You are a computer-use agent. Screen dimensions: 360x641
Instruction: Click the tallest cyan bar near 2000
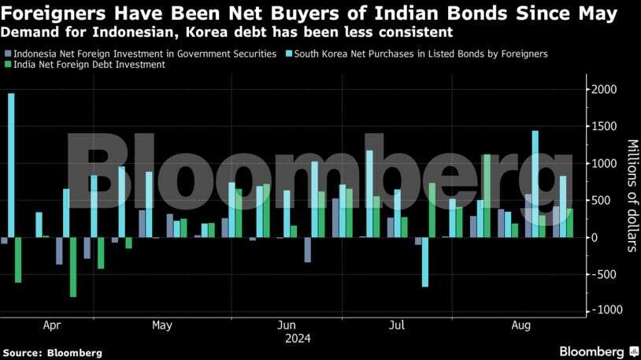click(x=11, y=165)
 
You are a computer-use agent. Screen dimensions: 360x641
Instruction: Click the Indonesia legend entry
click(x=144, y=54)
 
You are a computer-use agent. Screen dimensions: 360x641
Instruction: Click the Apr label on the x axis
click(x=52, y=325)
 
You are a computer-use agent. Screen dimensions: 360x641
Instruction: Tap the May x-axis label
click(x=161, y=325)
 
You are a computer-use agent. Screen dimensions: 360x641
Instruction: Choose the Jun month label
click(x=287, y=325)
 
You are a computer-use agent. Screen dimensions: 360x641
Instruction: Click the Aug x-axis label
click(x=521, y=325)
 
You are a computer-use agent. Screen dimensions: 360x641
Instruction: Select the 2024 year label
click(x=298, y=339)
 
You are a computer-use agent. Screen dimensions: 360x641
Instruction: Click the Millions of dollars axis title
click(x=631, y=195)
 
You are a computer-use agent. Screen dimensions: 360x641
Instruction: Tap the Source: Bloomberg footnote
click(x=52, y=352)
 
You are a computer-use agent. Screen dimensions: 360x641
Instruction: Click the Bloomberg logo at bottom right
click(x=598, y=351)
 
